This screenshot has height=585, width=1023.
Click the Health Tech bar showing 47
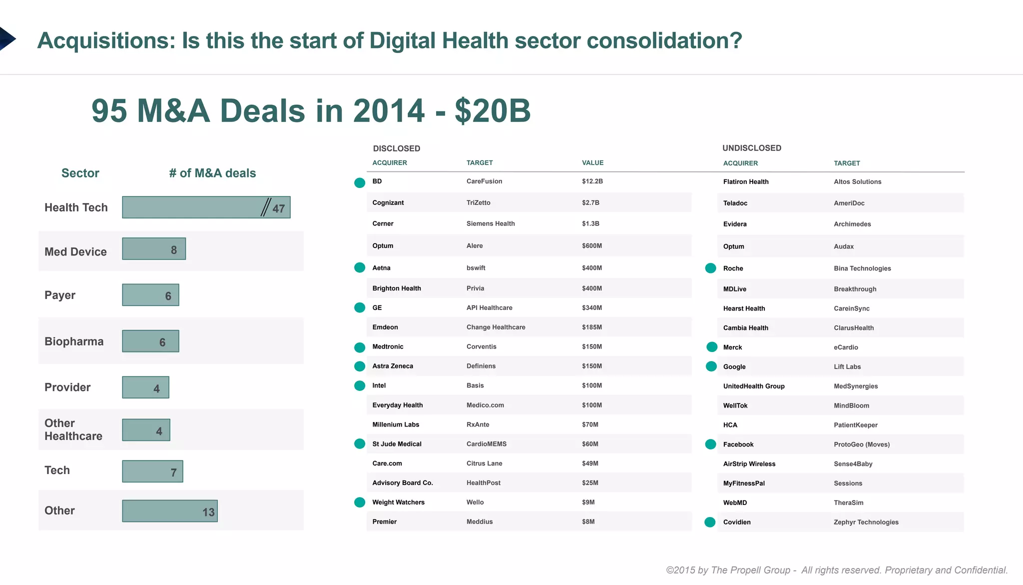tap(206, 207)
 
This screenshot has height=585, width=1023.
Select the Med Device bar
tap(154, 249)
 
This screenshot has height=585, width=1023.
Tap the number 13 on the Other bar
tap(208, 512)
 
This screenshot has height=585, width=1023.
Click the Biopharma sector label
tap(74, 341)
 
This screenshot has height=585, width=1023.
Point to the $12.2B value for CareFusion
tap(592, 181)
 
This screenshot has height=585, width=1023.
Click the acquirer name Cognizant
tap(388, 202)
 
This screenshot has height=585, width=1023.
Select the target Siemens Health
tap(490, 223)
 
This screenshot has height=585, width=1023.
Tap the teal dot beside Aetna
tap(360, 268)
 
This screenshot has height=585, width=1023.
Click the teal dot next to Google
tap(711, 366)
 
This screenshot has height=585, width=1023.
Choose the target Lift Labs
tap(847, 366)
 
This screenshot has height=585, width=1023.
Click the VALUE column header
tap(592, 163)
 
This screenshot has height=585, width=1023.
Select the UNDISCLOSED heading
tap(751, 148)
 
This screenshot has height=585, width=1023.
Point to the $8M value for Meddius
tap(588, 521)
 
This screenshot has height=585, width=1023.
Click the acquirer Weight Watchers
tap(398, 502)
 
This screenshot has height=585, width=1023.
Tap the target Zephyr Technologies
tap(866, 522)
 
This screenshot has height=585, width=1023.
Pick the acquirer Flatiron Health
tap(745, 182)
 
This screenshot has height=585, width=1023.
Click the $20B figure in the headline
tap(492, 110)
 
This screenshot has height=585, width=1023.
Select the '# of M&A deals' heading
tap(212, 173)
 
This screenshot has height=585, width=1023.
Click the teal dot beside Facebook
tap(710, 444)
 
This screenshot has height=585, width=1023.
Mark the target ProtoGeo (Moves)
tap(861, 444)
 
